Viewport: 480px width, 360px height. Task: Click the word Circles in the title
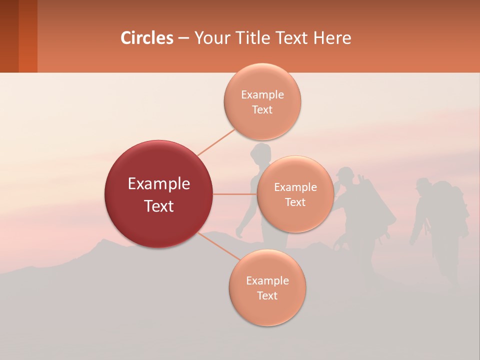click(147, 38)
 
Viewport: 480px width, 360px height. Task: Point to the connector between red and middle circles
click(235, 194)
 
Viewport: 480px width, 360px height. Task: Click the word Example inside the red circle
click(159, 184)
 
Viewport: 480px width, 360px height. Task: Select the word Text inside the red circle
click(159, 206)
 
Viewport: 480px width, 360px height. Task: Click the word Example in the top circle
click(262, 95)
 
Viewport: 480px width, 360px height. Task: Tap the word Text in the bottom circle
click(267, 296)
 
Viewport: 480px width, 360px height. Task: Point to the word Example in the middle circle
click(295, 187)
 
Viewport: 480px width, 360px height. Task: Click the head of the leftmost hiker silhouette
click(260, 152)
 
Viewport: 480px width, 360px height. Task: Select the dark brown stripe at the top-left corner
click(9, 36)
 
